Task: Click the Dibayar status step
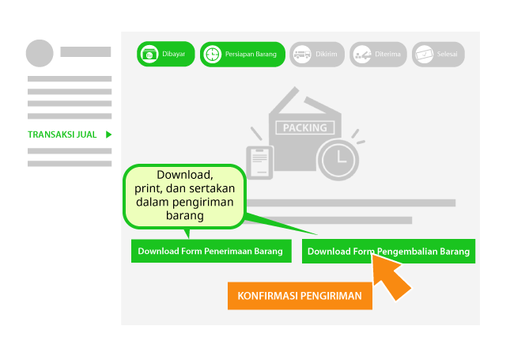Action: point(165,54)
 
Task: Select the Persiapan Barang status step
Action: point(242,54)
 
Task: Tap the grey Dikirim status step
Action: point(316,54)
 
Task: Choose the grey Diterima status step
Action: point(378,54)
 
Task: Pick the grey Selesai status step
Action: point(438,54)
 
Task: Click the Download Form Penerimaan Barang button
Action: point(210,252)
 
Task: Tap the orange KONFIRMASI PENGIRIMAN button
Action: point(300,296)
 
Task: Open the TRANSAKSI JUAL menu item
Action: point(62,135)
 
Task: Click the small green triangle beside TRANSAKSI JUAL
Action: point(108,135)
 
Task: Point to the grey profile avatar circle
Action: point(40,52)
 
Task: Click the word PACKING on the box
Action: point(304,127)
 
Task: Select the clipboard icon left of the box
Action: point(258,161)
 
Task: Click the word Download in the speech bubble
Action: point(185,175)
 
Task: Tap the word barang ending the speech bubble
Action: point(186,215)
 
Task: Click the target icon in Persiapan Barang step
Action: point(213,55)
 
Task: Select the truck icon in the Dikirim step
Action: point(300,55)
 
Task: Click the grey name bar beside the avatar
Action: point(85,51)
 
